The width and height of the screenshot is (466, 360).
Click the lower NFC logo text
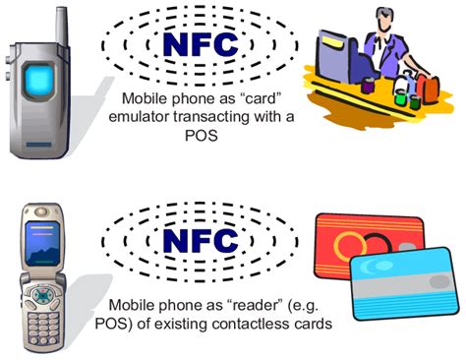coord(200,240)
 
